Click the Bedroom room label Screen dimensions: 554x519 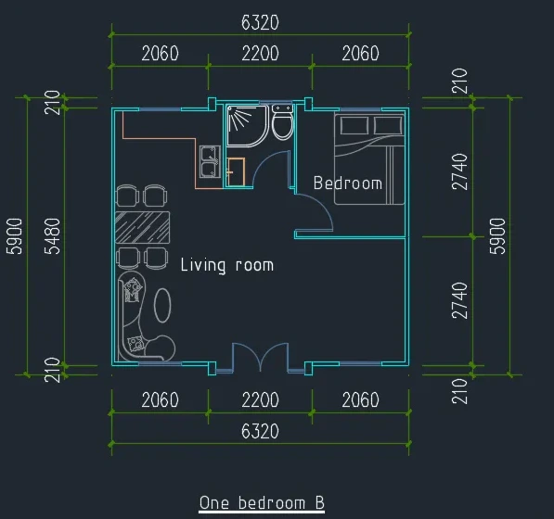tap(348, 184)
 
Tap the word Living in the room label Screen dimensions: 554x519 tap(203, 265)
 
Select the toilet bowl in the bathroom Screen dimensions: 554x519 tap(282, 126)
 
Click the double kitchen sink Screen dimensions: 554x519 tap(210, 161)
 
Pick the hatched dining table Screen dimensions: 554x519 tap(142, 227)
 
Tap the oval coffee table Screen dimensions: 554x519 tap(162, 305)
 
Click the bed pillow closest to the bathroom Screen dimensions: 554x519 tap(354, 125)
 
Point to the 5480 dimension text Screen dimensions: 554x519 tap(53, 236)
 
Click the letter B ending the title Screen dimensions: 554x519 tap(319, 502)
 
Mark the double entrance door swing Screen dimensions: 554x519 tap(260, 357)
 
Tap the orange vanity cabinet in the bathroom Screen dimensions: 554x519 tap(236, 172)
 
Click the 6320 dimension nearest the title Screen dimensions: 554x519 tap(260, 431)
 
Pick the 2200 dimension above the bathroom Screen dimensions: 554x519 tap(260, 53)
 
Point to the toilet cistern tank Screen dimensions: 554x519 tap(282, 108)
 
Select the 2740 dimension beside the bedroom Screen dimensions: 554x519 tap(459, 171)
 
